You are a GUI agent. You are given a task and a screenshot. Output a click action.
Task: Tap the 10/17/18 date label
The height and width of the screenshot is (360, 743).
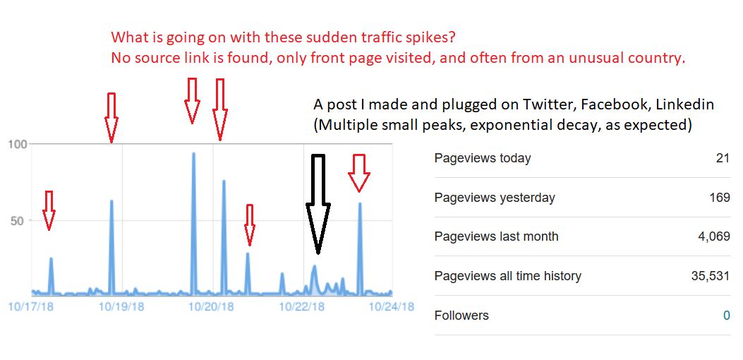coord(30,306)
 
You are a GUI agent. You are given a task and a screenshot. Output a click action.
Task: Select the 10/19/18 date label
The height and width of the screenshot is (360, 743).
coord(121,306)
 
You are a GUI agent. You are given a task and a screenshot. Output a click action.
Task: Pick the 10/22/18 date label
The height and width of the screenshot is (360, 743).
coord(302,306)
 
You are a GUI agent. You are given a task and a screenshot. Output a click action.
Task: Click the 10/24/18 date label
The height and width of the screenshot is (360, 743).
coord(391,306)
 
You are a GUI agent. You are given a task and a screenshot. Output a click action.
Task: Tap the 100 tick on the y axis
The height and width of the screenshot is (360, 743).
coord(18,144)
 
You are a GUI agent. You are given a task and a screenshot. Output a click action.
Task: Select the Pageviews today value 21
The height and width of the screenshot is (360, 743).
coord(723,158)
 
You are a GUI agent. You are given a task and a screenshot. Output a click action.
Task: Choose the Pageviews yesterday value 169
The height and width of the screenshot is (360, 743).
coord(720,198)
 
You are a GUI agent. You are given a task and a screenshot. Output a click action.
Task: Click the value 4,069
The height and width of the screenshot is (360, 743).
coord(714,236)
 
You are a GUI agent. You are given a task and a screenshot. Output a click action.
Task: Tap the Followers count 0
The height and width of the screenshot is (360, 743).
coord(726,316)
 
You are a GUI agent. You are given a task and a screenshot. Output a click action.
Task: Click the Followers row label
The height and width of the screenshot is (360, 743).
coord(461,316)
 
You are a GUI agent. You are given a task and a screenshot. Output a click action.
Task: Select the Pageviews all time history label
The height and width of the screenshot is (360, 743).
coord(507,276)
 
